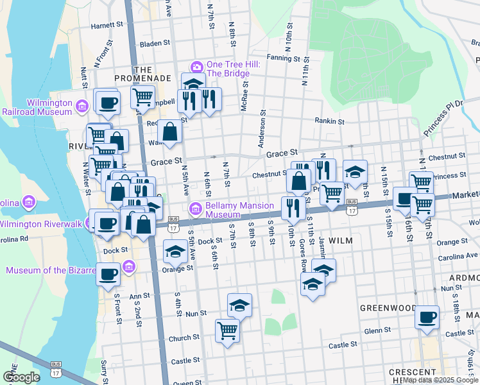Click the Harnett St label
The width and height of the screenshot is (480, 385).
click(x=107, y=26)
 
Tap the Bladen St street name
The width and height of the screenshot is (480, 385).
click(x=154, y=44)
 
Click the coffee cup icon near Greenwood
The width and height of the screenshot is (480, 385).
click(x=427, y=316)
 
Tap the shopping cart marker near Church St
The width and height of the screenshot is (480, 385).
click(x=228, y=330)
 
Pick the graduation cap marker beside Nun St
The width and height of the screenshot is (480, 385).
click(x=239, y=305)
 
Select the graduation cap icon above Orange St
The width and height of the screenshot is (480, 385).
click(x=175, y=252)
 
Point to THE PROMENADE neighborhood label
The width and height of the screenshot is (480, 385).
click(x=142, y=74)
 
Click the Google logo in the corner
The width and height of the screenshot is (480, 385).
click(x=21, y=377)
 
